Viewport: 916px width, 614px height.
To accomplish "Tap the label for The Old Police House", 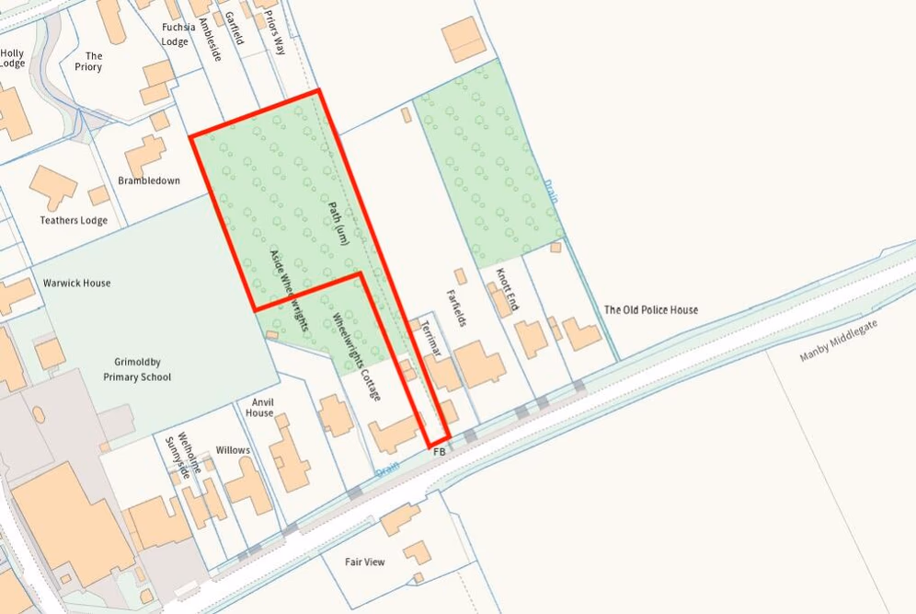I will (650, 310).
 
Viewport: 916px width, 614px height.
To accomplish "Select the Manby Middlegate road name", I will (839, 341).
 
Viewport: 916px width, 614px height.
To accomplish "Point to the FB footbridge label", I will (439, 453).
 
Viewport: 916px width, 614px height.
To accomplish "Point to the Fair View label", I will (365, 562).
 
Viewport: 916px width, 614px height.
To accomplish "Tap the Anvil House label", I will (259, 407).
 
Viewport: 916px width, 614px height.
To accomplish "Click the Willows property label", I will (233, 450).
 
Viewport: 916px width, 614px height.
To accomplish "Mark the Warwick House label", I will (76, 283).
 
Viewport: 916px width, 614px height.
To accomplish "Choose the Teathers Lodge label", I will (74, 221).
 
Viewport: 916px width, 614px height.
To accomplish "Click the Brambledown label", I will (149, 181).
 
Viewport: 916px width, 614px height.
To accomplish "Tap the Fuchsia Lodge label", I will (176, 34).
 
